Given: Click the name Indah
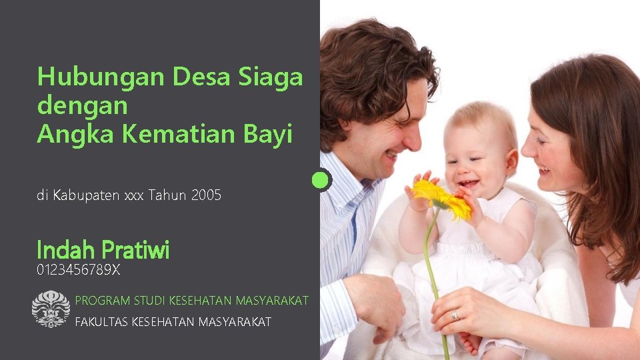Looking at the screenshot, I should tap(65, 251).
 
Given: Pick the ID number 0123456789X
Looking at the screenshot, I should tap(79, 270).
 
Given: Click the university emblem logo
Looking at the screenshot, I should tap(51, 309).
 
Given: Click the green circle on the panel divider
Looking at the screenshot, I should tap(321, 180).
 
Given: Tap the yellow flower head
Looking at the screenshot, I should tap(441, 198).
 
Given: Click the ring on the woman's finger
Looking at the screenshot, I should tap(455, 315).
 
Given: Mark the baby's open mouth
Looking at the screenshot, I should tap(469, 183).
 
